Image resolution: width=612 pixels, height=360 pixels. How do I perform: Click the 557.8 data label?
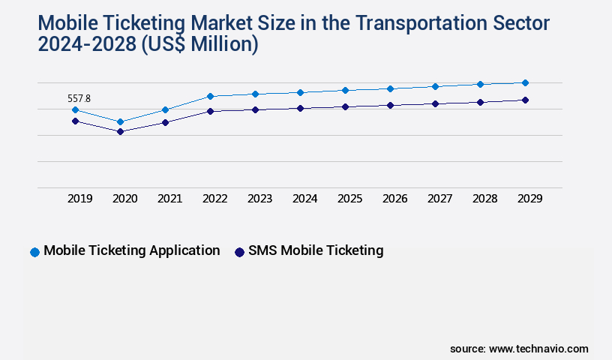pos(79,98)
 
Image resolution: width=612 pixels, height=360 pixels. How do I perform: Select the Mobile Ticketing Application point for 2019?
pos(75,109)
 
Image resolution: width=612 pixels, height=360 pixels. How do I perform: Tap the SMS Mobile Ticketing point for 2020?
pos(120,131)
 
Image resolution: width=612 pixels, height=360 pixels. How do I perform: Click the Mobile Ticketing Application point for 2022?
pos(210,96)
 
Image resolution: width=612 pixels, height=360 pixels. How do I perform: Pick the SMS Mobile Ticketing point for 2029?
pos(525,100)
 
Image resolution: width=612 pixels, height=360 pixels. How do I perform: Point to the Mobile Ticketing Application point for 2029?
pos(525,82)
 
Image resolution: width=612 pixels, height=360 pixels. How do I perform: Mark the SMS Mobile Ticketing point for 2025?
pos(345,106)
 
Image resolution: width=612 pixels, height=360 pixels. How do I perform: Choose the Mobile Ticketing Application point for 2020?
pos(120,121)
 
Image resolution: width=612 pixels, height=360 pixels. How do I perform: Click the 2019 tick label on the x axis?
pos(79,199)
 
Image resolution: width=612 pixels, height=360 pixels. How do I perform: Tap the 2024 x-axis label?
pos(304,199)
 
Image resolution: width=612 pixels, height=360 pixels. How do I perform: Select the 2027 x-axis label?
pos(439,199)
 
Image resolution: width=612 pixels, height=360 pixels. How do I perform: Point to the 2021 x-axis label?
pos(169,199)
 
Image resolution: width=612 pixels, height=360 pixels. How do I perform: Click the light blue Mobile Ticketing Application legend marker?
pos(34,252)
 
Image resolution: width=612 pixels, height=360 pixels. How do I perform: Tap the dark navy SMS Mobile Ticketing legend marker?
pos(240,252)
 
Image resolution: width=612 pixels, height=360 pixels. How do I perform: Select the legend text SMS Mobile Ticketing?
pos(316,250)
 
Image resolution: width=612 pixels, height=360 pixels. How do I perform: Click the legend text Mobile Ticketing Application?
pos(132,250)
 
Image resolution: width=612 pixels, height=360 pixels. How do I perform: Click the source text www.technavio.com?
pos(538,349)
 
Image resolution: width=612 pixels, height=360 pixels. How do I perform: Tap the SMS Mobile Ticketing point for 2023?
pos(255,109)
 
